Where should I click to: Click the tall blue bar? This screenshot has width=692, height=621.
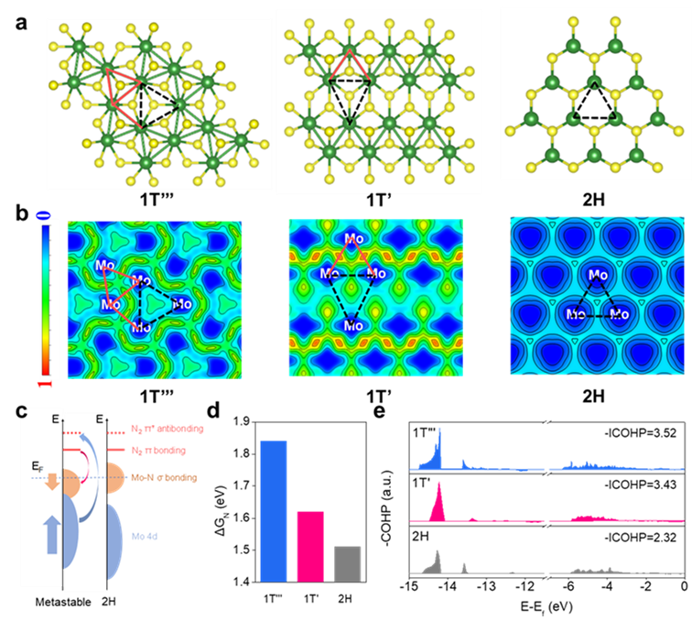click(274, 510)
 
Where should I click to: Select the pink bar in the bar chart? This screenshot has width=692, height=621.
click(310, 546)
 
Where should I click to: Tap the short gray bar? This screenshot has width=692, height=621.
click(348, 563)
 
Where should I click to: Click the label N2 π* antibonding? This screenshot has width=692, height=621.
click(168, 429)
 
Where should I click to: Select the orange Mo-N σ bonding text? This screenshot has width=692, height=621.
click(164, 478)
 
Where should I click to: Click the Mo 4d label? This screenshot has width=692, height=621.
click(145, 535)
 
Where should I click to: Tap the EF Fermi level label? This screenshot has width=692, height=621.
click(38, 465)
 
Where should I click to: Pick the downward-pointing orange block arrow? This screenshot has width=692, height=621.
click(52, 483)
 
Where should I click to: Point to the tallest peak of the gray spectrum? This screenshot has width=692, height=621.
click(438, 557)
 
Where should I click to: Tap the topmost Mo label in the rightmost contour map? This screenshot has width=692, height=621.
click(598, 275)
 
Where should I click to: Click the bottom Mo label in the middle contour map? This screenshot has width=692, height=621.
click(351, 325)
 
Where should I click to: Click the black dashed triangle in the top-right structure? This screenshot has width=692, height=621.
click(594, 104)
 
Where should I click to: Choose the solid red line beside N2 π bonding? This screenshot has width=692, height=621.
click(115, 450)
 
